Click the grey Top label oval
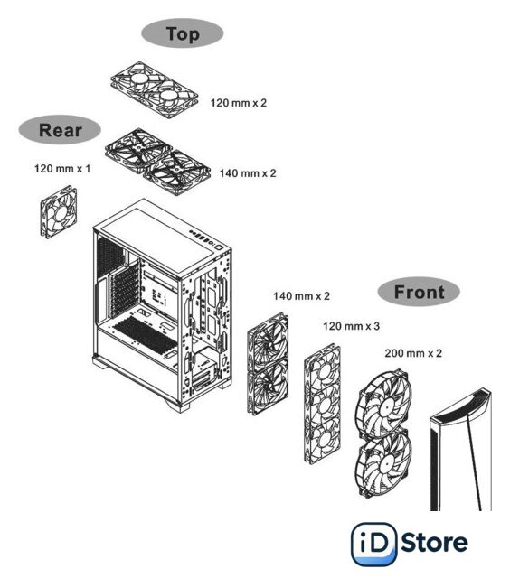click(x=183, y=33)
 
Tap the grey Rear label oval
click(x=60, y=130)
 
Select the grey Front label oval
click(x=419, y=292)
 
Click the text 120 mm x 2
click(x=239, y=102)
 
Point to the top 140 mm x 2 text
click(x=248, y=172)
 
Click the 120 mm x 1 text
click(x=62, y=169)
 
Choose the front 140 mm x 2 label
click(x=301, y=295)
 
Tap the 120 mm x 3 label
click(x=351, y=326)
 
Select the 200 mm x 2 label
click(x=413, y=353)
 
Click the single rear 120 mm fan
click(x=59, y=212)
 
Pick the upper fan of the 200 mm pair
click(x=384, y=404)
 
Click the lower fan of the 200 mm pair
click(x=383, y=463)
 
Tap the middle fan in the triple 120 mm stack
click(x=323, y=404)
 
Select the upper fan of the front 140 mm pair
click(x=268, y=340)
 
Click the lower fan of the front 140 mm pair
click(x=268, y=386)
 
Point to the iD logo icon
click(x=373, y=544)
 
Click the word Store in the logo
click(x=434, y=543)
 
